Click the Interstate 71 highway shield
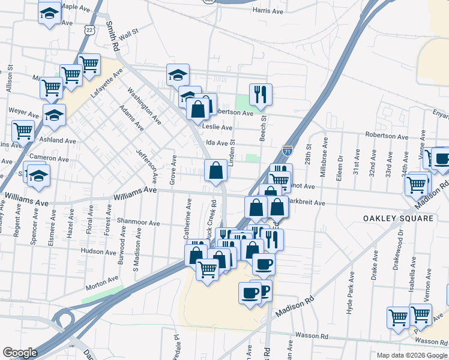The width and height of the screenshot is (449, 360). pos(288,151)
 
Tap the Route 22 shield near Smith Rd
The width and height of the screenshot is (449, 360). pos(89,29)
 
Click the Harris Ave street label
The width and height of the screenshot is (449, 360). pos(268,11)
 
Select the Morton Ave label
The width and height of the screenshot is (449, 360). pos(102,280)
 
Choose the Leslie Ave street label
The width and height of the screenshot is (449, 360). pos(217,127)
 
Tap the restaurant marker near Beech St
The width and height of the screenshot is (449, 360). pos(261,94)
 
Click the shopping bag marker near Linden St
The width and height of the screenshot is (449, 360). pos(215,170)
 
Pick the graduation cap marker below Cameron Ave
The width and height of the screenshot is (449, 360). pos(39,175)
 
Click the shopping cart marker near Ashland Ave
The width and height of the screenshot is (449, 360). pos(23,130)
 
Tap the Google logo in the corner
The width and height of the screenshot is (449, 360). pos(20,353)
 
